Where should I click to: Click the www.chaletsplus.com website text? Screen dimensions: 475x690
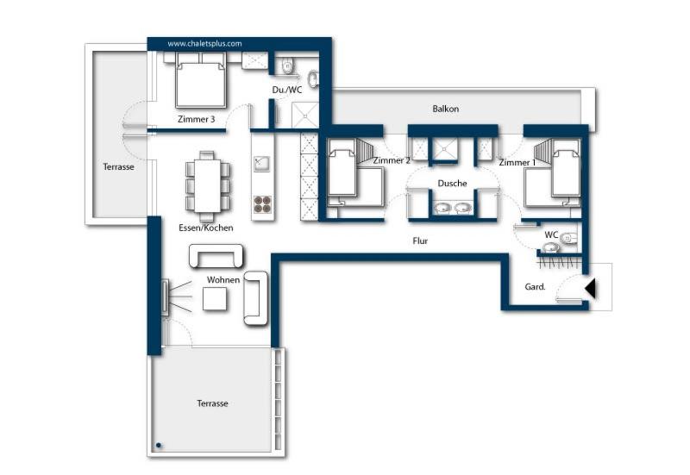(204, 43)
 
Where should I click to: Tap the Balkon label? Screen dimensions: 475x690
(445, 109)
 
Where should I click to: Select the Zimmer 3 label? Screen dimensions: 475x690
(196, 120)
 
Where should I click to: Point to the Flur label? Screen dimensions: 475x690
(420, 241)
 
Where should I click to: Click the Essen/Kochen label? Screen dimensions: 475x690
(206, 228)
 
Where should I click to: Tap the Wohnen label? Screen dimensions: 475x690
(223, 280)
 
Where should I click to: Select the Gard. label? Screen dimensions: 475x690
(535, 287)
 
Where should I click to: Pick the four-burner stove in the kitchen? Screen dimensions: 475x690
(263, 204)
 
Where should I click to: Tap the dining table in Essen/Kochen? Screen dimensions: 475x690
(207, 184)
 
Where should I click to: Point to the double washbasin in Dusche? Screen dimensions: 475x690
(452, 208)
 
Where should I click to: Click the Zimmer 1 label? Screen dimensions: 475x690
(517, 162)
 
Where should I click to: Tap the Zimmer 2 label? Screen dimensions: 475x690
(391, 160)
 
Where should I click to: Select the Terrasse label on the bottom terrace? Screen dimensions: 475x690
(212, 403)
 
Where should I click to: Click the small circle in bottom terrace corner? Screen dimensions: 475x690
(159, 446)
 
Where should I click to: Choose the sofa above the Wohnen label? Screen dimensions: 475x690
(216, 256)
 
